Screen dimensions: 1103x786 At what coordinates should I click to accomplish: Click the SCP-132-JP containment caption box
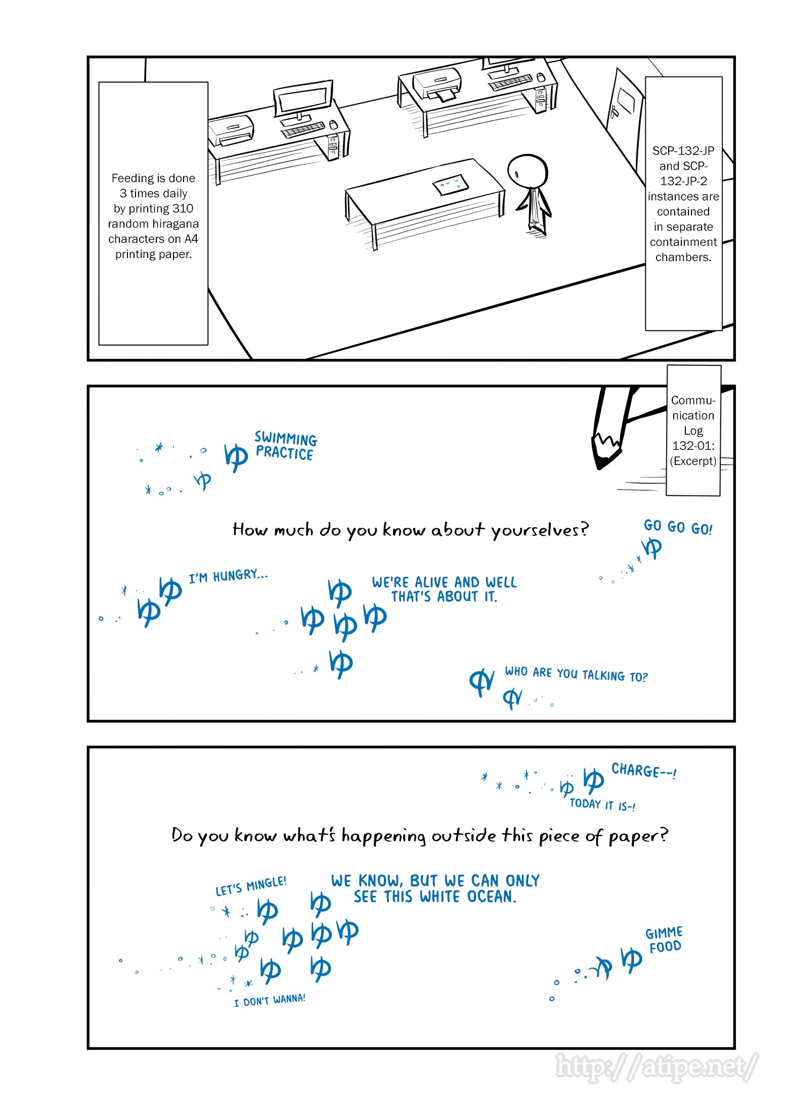(x=683, y=203)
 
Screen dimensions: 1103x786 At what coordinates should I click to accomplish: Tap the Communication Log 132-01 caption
(x=693, y=430)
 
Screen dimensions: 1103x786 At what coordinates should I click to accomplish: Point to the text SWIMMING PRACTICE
(x=285, y=445)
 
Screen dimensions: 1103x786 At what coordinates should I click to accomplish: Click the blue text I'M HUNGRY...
(x=228, y=576)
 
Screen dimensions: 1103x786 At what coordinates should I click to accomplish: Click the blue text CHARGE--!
(x=643, y=771)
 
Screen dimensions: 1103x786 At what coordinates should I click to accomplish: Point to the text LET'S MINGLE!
(x=251, y=886)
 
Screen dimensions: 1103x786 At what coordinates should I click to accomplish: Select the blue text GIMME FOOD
(x=664, y=940)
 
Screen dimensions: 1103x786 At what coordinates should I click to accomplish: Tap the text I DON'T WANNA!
(x=270, y=1000)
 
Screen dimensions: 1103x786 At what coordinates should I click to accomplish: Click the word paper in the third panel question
(x=637, y=836)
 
